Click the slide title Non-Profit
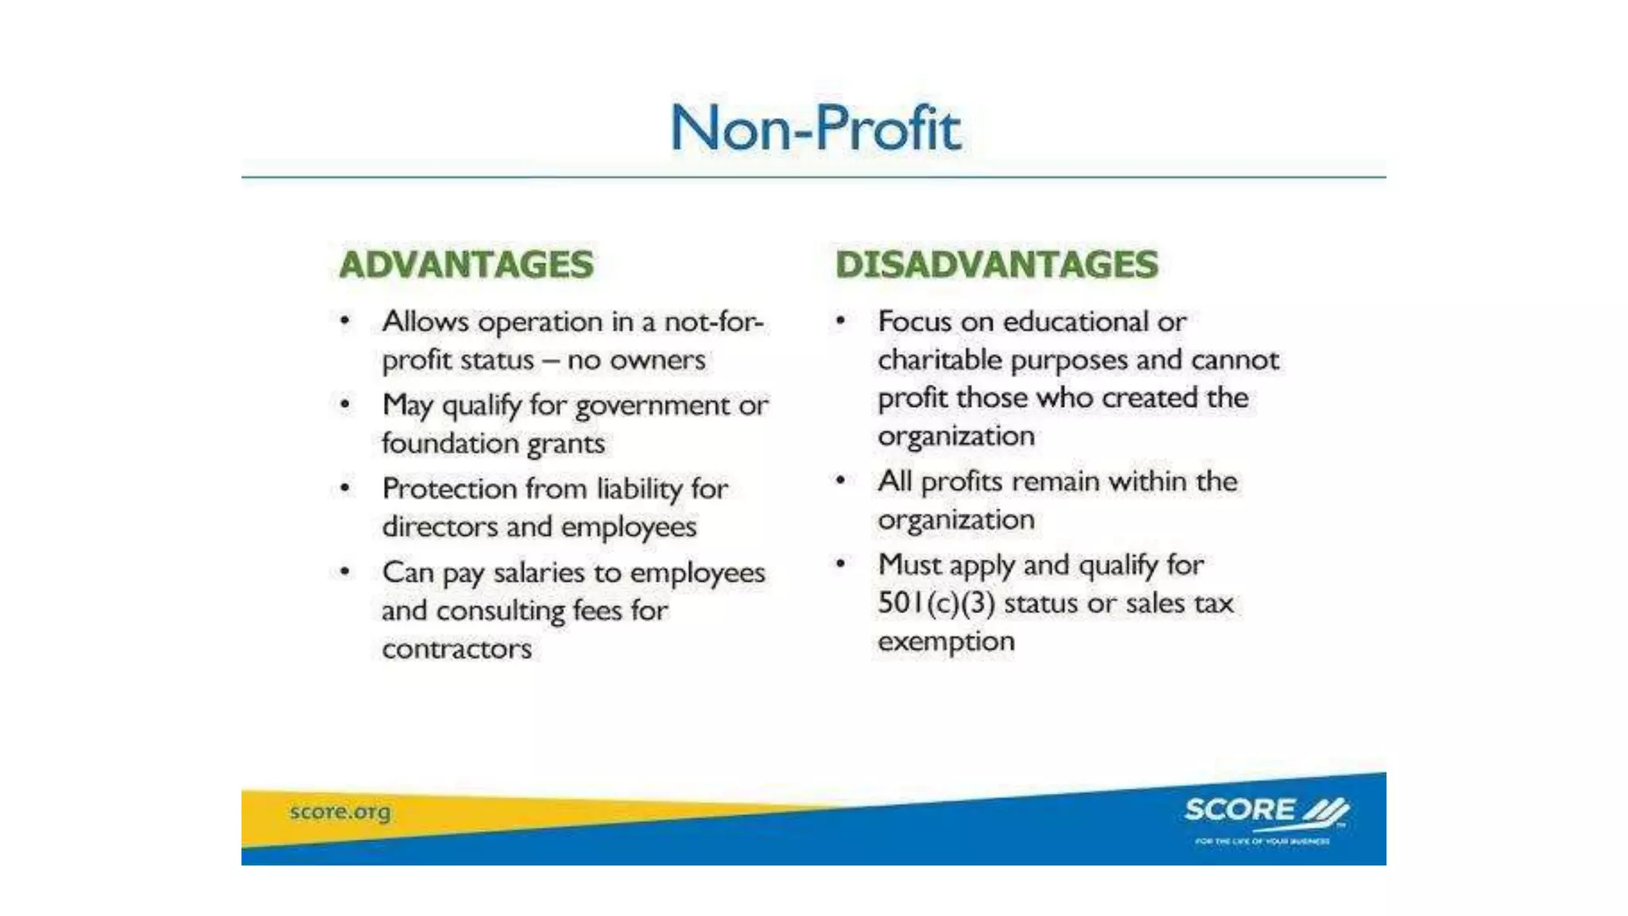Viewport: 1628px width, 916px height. click(816, 128)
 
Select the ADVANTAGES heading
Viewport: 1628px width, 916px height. click(467, 265)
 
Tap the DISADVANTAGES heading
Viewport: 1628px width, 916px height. click(997, 265)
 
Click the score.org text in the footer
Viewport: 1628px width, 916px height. click(340, 812)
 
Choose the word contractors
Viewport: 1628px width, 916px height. click(456, 649)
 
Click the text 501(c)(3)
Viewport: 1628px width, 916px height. click(936, 604)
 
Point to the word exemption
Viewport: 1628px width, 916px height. click(946, 641)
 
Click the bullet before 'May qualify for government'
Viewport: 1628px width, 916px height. click(345, 405)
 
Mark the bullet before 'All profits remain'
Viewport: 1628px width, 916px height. click(840, 480)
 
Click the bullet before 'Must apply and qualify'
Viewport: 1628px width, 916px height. click(840, 564)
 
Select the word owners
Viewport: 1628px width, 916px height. click(657, 360)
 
